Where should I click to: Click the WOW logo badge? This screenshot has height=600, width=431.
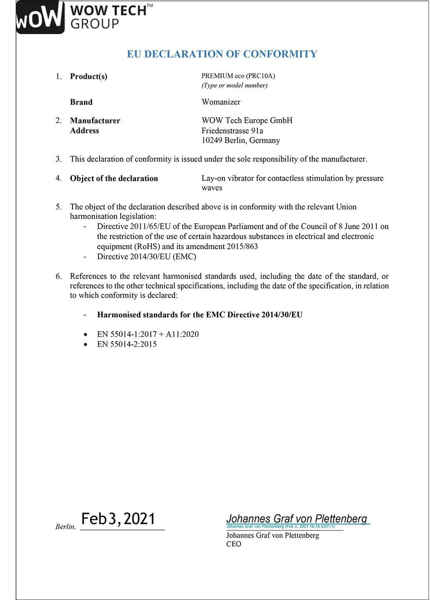click(40, 17)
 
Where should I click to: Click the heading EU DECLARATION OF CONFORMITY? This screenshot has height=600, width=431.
click(222, 54)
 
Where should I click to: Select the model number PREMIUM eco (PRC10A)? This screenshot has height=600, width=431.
click(238, 76)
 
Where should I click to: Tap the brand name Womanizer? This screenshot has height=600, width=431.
click(221, 102)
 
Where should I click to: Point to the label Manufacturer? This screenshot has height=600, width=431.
click(95, 120)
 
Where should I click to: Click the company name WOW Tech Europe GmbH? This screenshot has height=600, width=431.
click(247, 120)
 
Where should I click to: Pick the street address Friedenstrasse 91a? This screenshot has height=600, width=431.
click(232, 130)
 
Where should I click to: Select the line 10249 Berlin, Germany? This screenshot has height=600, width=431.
click(241, 140)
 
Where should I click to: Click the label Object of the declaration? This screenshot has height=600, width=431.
click(114, 178)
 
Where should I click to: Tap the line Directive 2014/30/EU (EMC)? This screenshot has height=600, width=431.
click(147, 256)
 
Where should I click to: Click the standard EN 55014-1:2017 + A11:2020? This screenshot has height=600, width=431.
click(148, 334)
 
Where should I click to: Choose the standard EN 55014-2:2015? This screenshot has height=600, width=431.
click(127, 344)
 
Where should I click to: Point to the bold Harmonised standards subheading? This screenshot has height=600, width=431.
click(200, 315)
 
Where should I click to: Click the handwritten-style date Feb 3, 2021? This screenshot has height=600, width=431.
click(118, 519)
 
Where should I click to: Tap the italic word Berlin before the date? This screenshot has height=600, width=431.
click(65, 527)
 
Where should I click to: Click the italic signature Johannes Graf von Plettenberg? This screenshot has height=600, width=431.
click(296, 518)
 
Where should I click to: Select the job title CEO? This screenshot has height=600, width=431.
click(234, 544)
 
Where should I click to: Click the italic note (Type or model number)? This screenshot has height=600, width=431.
click(234, 85)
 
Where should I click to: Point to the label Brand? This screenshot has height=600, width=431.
click(81, 102)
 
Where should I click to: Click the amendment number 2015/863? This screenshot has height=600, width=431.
click(242, 246)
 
